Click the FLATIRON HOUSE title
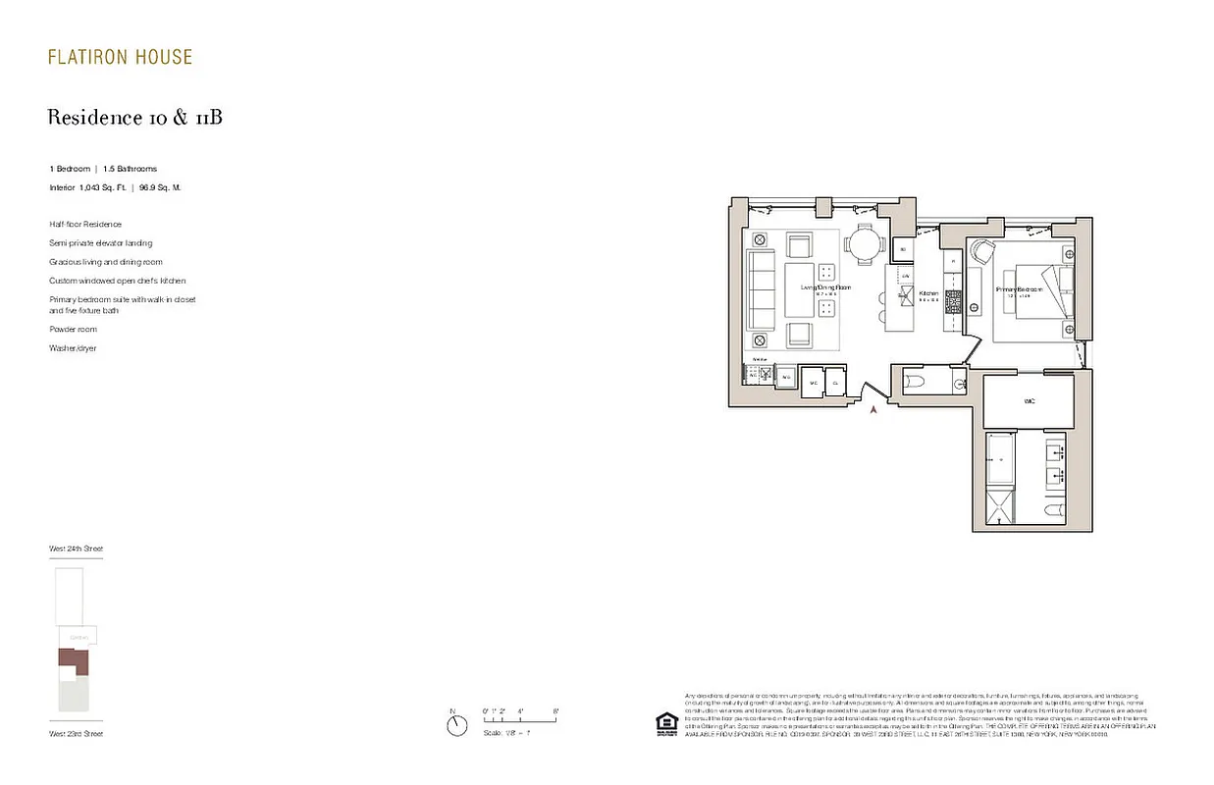tap(120, 58)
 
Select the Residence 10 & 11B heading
tap(135, 118)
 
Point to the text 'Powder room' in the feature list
tap(73, 330)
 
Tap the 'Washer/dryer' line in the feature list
tap(73, 348)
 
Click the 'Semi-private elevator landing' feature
tap(100, 243)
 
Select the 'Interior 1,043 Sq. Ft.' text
tap(88, 186)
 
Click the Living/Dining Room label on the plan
tap(824, 288)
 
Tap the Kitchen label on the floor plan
tap(928, 293)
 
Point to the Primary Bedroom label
tap(1018, 289)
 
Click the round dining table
tap(866, 244)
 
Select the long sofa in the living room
tap(762, 291)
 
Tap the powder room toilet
tap(911, 381)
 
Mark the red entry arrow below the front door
tap(871, 410)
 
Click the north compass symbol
tap(456, 725)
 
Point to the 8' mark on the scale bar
tap(555, 710)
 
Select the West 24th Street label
tap(76, 549)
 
